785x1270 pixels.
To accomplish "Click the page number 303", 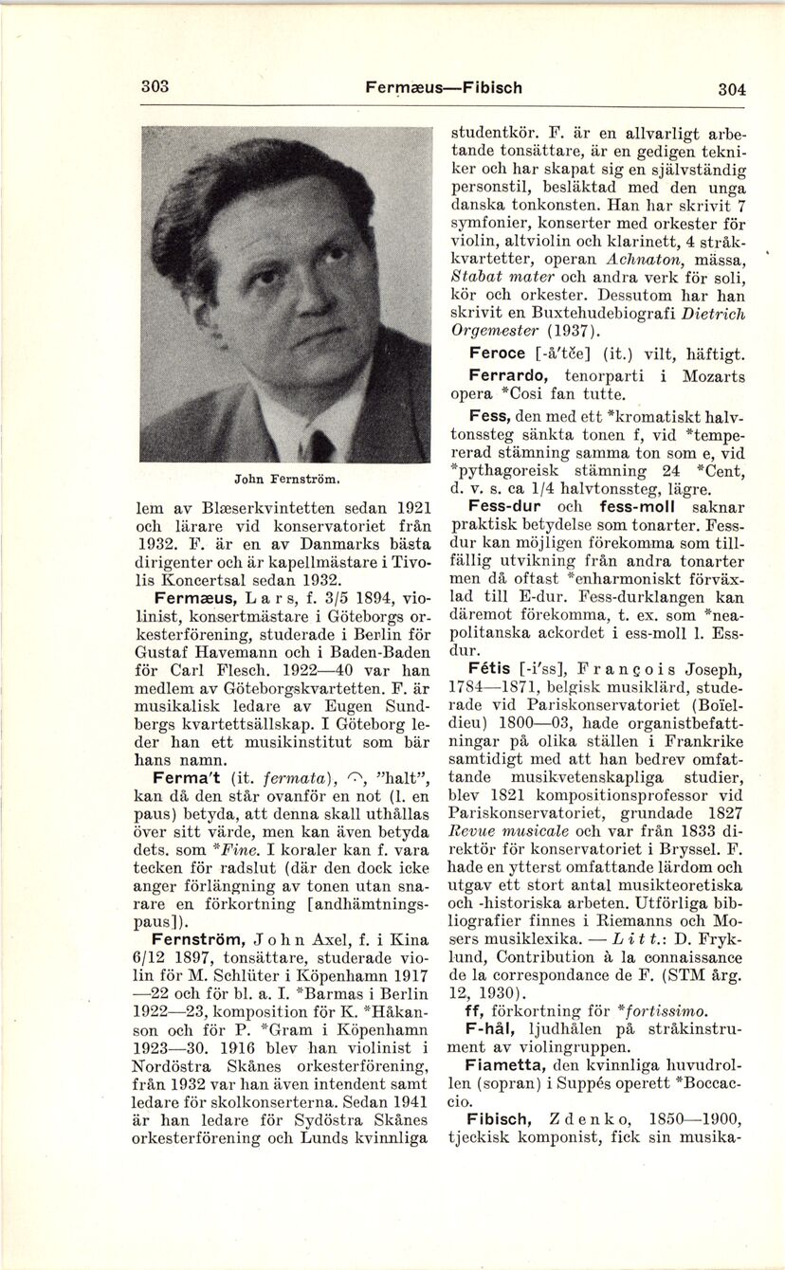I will pyautogui.click(x=155, y=86).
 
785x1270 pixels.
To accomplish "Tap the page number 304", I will pyautogui.click(x=731, y=89).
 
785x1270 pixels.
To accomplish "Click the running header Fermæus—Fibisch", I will pyautogui.click(x=443, y=87).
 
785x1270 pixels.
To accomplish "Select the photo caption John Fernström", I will pyautogui.click(x=286, y=481).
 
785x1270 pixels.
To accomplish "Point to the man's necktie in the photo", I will pyautogui.click(x=320, y=445).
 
